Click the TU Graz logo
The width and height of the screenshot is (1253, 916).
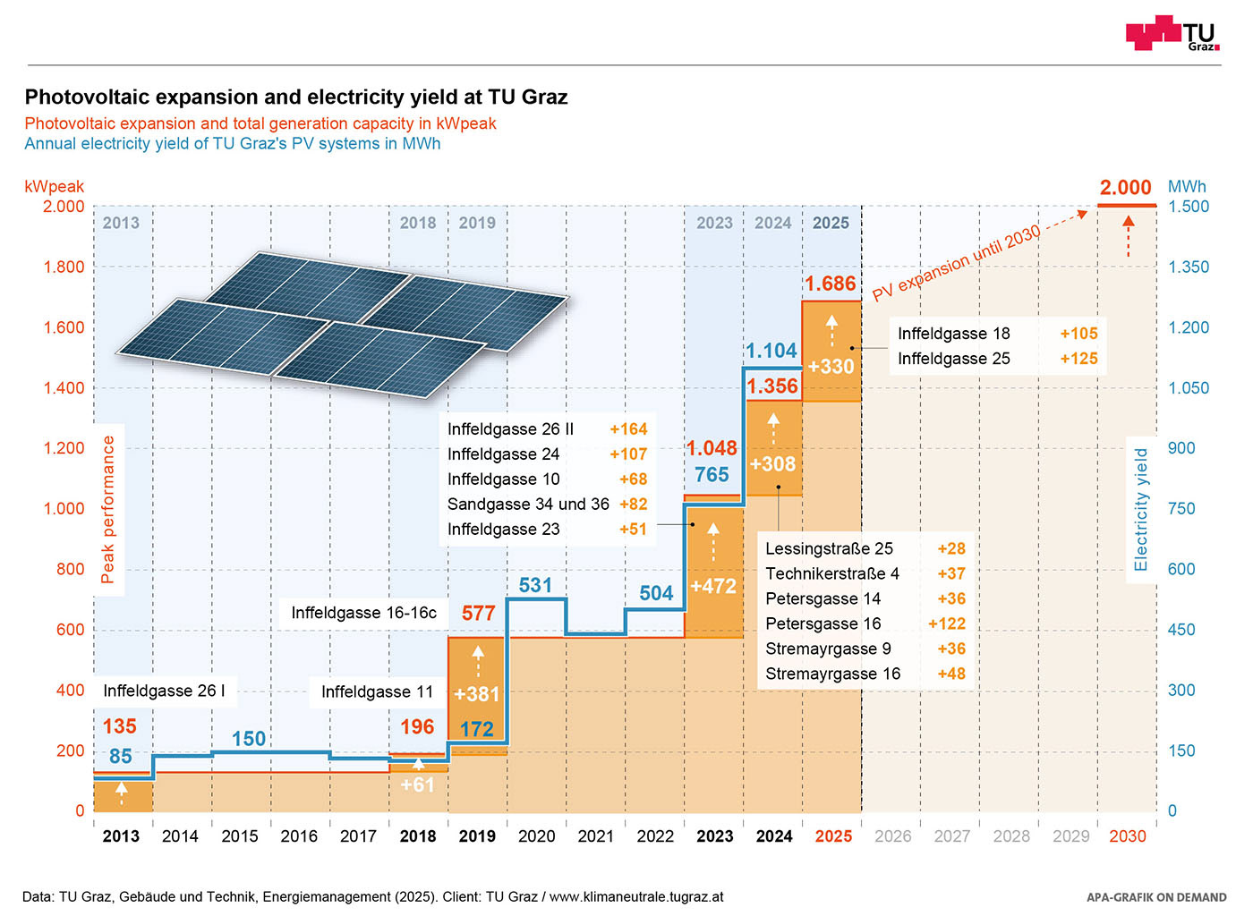point(1172,33)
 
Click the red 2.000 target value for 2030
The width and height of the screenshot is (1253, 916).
point(1125,188)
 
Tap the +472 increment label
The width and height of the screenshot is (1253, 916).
point(713,587)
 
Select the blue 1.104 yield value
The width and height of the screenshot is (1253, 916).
point(771,351)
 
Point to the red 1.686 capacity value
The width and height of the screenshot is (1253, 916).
point(831,284)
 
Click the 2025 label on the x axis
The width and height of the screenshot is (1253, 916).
point(833,836)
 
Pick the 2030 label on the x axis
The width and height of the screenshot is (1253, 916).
point(1127,836)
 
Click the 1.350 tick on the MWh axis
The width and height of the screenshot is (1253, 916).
point(1189,267)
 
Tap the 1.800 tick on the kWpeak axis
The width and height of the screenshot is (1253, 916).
point(64,267)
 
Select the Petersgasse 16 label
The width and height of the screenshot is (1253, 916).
point(823,623)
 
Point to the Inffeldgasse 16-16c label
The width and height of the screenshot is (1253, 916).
point(363,613)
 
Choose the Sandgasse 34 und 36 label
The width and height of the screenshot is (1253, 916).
point(528,505)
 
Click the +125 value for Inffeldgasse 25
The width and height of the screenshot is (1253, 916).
point(1078,359)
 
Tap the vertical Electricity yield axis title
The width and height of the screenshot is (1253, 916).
point(1141,510)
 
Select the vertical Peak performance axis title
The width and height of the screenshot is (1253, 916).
point(108,510)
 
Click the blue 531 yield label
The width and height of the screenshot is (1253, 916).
point(535,585)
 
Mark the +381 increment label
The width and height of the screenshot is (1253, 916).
point(476,694)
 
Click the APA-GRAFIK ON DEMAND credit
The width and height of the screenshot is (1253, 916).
point(1156,897)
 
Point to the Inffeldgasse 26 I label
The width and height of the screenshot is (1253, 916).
point(164,691)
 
